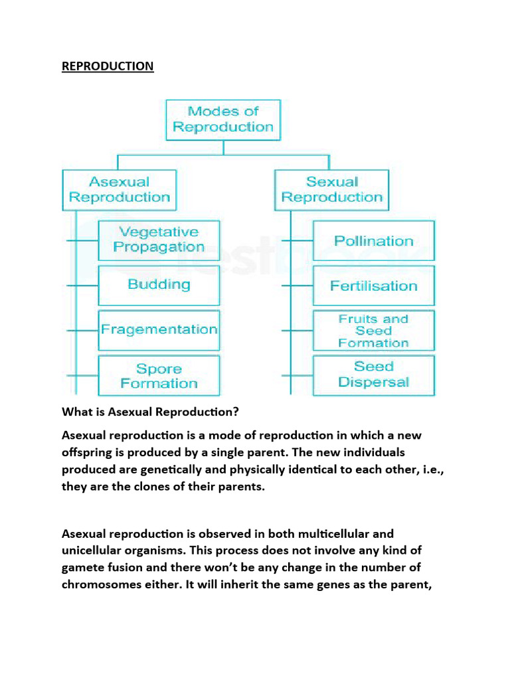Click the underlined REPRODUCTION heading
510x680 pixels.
click(108, 66)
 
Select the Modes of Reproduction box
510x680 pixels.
click(223, 120)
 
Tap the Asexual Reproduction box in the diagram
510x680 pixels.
click(120, 189)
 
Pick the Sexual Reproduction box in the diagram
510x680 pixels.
click(332, 189)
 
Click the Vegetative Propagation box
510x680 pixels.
click(159, 240)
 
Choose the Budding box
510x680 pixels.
click(159, 285)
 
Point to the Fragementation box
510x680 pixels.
click(159, 329)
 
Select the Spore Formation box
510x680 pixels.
click(159, 376)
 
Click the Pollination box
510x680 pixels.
click(373, 241)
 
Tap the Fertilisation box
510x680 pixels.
click(373, 286)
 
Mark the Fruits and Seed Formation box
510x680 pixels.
click(373, 331)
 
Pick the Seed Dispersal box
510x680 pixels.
click(373, 375)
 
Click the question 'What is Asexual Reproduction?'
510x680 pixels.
click(150, 412)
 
